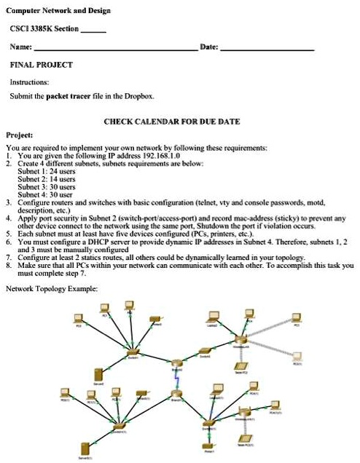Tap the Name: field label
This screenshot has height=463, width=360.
coord(20,47)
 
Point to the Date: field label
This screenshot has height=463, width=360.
coord(208,47)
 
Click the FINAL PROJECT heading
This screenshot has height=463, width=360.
coord(41,65)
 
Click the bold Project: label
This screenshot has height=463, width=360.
coord(19,135)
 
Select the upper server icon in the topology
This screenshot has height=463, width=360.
coord(98,375)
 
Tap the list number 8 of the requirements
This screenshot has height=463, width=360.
coord(7,266)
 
